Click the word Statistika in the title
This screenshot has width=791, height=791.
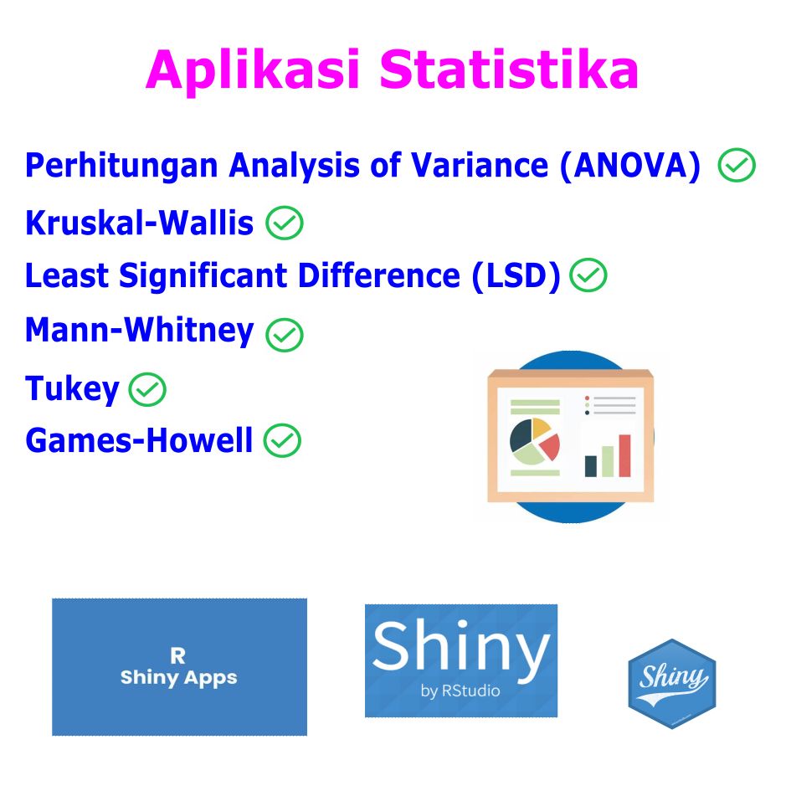pos(509,69)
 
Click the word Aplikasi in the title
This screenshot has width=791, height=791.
pos(253,70)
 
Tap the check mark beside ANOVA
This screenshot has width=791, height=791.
pos(737,165)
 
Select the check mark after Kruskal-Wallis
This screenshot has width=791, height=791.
pos(285,223)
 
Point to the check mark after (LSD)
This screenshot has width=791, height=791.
pos(588,275)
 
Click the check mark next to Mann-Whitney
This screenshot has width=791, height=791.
pos(285,335)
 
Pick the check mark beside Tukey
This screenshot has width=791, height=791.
pos(147,389)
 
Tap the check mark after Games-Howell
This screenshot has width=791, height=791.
pos(283,440)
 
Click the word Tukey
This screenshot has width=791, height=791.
pos(73,389)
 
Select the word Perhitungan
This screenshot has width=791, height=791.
pos(121,166)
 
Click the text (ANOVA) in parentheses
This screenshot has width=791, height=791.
pos(630,166)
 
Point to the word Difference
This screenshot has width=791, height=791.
pos(379,275)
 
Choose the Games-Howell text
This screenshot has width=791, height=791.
pos(139,440)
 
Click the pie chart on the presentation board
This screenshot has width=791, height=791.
pos(535,441)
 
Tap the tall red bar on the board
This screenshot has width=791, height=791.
pos(624,455)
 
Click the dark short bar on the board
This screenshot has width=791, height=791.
pos(591,466)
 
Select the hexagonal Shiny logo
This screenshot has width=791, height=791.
pos(672,684)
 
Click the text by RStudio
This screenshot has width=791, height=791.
pos(460,691)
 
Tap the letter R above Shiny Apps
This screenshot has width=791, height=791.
pos(178,655)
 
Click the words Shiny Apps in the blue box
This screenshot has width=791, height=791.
pos(178,678)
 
